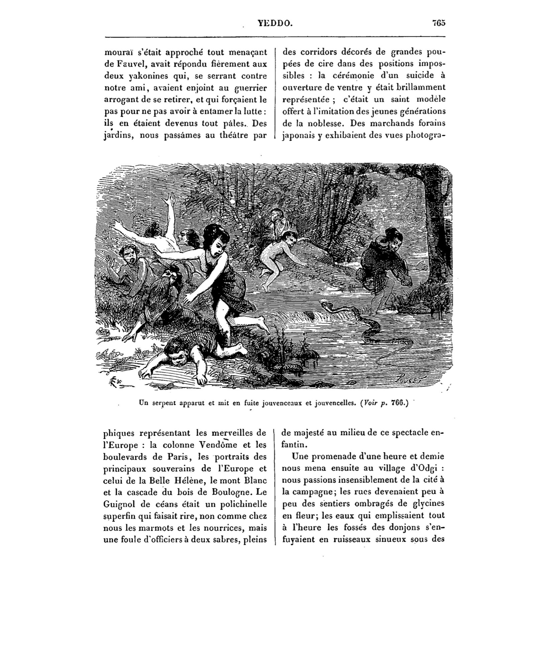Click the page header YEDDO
(275, 23)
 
